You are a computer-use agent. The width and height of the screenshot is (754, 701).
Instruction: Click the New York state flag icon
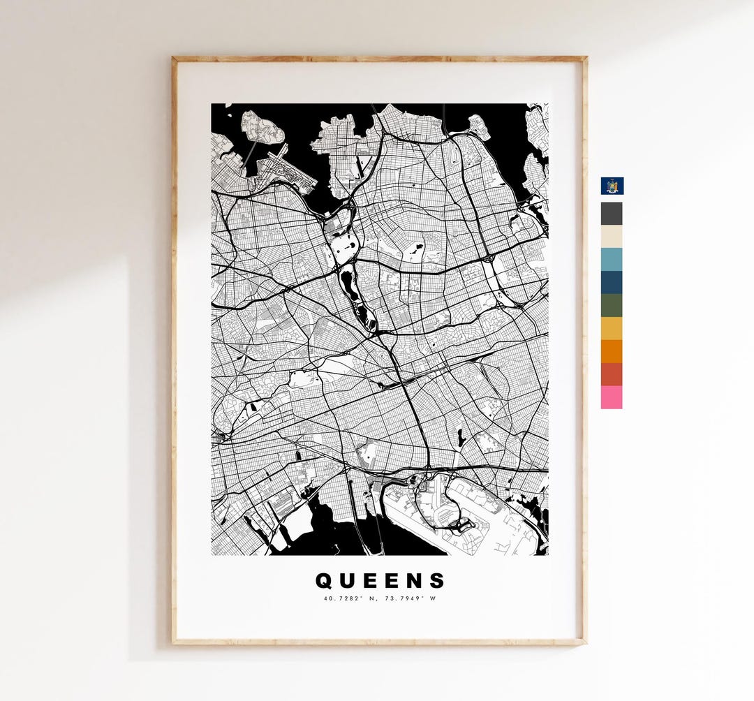tap(612, 186)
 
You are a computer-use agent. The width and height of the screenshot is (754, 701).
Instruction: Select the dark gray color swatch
tap(612, 214)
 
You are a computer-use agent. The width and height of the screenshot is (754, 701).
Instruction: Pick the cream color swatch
tap(612, 237)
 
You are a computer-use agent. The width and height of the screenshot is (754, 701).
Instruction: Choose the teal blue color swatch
tap(612, 260)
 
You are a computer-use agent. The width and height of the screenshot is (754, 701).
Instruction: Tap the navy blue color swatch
tap(612, 283)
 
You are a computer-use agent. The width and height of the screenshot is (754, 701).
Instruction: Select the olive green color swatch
tap(612, 306)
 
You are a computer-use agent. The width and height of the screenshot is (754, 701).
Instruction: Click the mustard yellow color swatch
tap(612, 329)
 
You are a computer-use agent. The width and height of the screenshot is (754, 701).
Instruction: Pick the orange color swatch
tap(612, 352)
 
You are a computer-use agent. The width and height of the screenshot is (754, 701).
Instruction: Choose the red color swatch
tap(612, 375)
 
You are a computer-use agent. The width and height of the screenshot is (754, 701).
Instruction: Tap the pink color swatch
tap(612, 397)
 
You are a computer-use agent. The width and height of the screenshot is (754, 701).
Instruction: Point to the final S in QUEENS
tap(437, 581)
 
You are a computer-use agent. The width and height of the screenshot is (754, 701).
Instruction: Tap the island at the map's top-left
tap(263, 126)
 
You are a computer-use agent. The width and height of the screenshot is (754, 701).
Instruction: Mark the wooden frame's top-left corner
tap(175, 59)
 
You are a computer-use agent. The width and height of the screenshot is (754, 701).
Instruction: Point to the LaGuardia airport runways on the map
tap(286, 168)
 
